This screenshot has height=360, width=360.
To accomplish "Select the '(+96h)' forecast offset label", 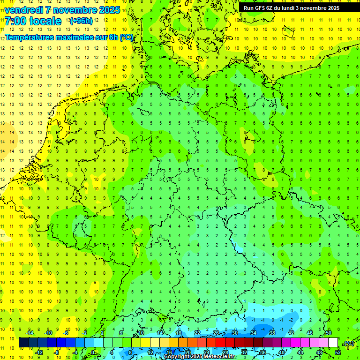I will [x=81, y=21].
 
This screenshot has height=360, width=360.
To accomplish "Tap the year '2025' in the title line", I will [x=107, y=10].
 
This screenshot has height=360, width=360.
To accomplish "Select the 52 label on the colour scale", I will [x=338, y=352].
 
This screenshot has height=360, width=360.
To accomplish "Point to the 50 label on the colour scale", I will [x=329, y=333].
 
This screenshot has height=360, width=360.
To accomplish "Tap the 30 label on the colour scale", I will [x=235, y=333].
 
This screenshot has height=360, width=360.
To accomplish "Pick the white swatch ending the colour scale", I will [x=333, y=343].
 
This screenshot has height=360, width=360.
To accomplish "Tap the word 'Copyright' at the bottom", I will [x=177, y=357].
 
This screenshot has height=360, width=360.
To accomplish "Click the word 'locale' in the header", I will [x=45, y=21].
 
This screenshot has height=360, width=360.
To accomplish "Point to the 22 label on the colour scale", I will [x=197, y=333].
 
